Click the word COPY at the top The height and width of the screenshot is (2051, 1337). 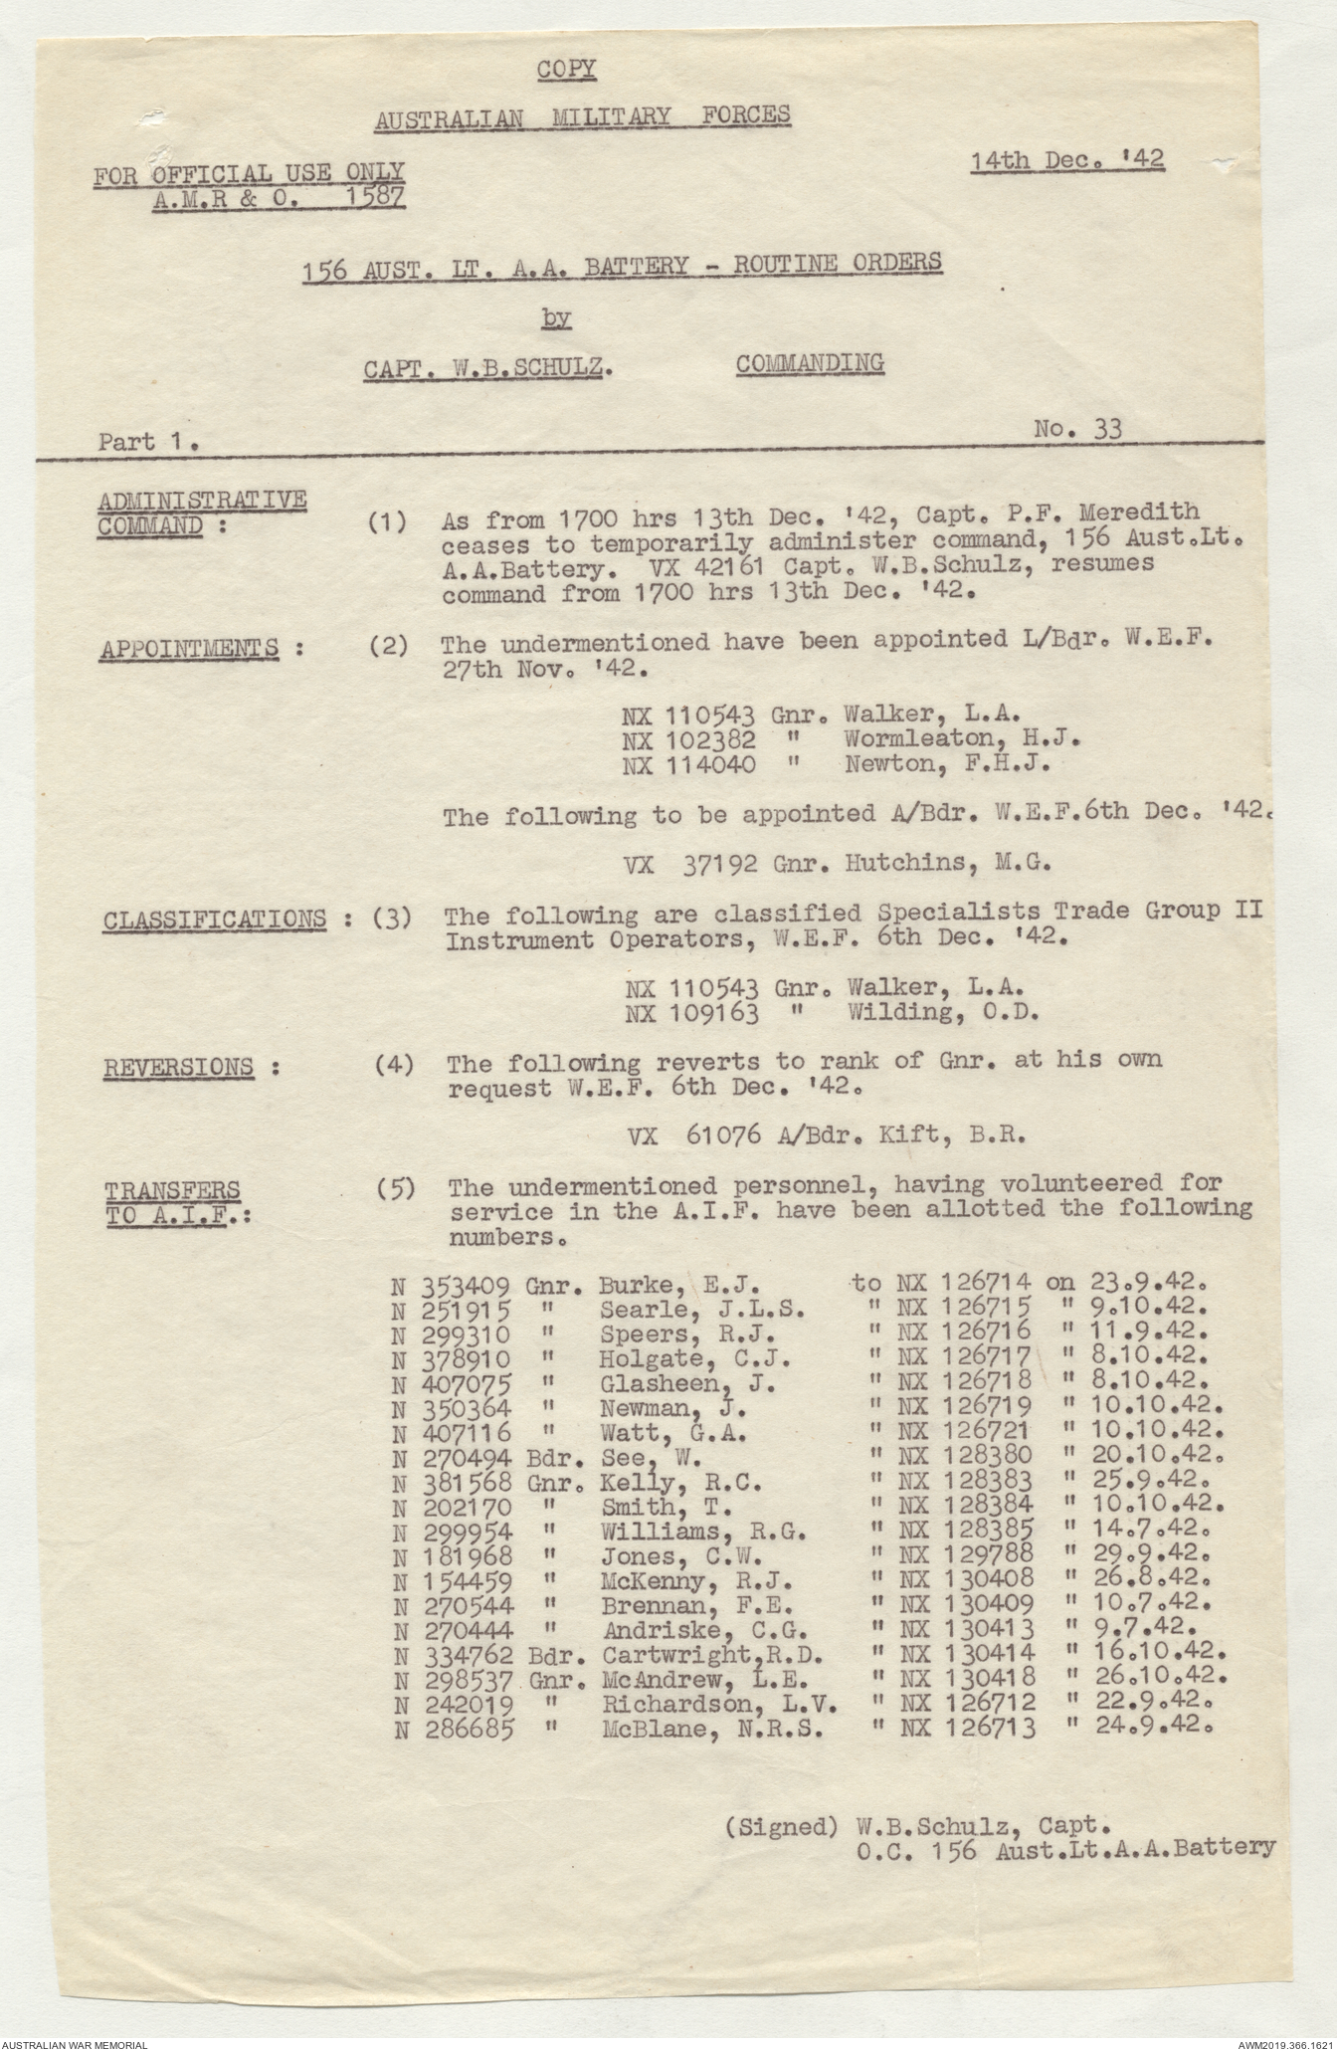[x=567, y=69]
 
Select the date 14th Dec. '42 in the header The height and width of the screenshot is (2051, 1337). [x=1067, y=159]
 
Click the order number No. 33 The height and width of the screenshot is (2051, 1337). [x=1077, y=429]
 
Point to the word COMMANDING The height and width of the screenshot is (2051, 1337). [x=810, y=363]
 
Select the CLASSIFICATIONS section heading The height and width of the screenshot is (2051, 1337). [x=214, y=920]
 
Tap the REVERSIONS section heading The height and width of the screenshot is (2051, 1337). [x=179, y=1068]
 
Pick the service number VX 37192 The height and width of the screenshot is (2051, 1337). [x=694, y=864]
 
